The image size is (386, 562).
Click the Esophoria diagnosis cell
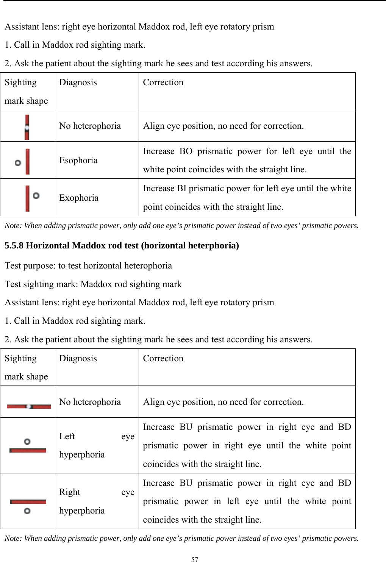[78, 160]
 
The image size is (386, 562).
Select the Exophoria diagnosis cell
[79, 198]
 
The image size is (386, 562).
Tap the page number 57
[195, 559]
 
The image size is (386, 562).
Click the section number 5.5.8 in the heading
[14, 245]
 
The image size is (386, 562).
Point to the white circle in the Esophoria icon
[18, 163]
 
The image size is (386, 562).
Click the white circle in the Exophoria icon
[36, 196]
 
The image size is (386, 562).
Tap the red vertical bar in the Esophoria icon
[27, 162]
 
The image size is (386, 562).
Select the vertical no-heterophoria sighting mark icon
[27, 128]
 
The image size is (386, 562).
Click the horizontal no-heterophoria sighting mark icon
[28, 406]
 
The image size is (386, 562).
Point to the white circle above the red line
[27, 442]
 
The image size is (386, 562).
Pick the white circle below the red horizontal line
[27, 511]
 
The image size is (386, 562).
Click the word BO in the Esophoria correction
[186, 151]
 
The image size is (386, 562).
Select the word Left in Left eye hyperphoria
[67, 436]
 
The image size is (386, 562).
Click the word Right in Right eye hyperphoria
[70, 492]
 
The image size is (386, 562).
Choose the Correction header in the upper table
[163, 82]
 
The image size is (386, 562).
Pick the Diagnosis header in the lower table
[78, 358]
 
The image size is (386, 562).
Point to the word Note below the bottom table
[13, 538]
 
